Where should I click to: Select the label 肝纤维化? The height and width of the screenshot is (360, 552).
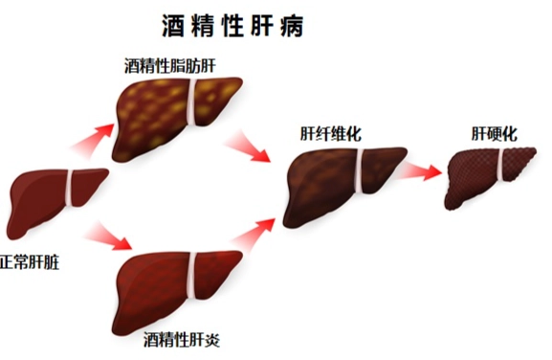(330, 135)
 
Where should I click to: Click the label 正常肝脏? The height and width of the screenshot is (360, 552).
(29, 259)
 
